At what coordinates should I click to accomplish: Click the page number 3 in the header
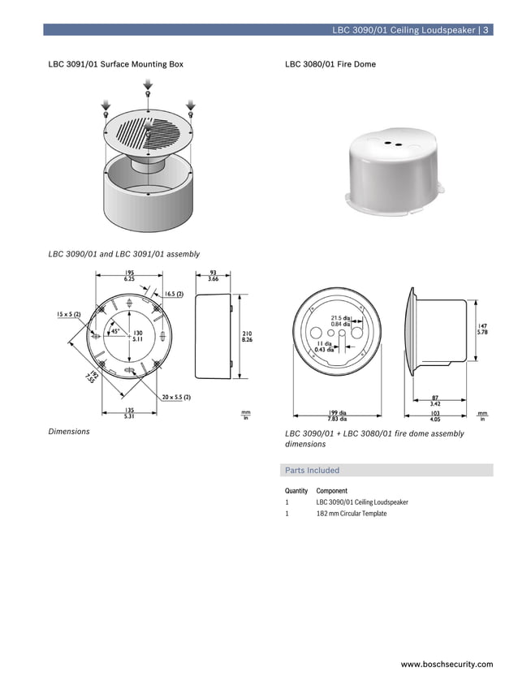[486, 30]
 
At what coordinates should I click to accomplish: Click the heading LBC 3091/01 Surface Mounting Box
[116, 64]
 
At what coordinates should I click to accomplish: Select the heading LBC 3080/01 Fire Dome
[330, 64]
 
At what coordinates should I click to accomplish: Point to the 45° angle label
[115, 331]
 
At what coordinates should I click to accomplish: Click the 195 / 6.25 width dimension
[130, 276]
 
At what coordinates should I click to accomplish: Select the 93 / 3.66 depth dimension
[213, 276]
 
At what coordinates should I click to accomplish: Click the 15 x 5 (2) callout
[68, 313]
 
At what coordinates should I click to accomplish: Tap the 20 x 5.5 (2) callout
[176, 397]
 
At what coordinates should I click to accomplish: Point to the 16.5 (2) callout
[174, 294]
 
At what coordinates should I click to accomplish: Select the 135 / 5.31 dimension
[130, 413]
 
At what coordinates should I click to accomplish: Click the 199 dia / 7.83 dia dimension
[337, 416]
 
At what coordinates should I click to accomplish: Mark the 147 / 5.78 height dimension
[481, 329]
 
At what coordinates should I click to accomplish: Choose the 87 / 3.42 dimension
[435, 400]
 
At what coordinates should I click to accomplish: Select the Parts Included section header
[313, 470]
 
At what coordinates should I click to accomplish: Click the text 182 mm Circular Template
[352, 514]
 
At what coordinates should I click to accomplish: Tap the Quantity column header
[296, 491]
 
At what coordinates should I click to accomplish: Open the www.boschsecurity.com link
[447, 665]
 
